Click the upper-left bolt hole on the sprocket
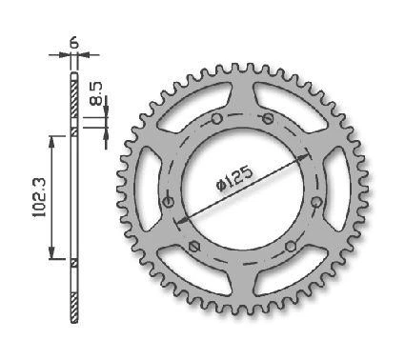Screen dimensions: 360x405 (x=218, y=118)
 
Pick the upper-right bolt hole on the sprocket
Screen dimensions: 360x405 (x=269, y=118)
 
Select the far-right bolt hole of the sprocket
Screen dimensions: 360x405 (x=315, y=201)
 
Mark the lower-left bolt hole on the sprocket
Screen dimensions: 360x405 (x=194, y=246)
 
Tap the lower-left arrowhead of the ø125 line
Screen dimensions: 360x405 (x=180, y=219)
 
